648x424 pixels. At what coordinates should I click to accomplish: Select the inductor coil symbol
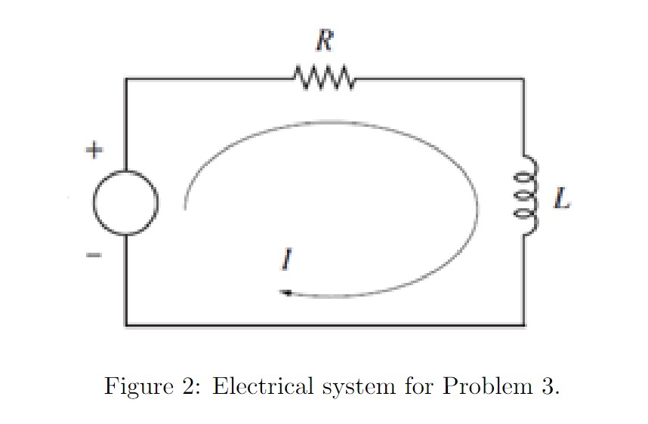[x=526, y=196]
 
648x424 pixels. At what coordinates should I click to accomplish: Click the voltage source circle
[x=125, y=202]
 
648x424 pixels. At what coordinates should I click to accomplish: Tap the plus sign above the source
[x=92, y=151]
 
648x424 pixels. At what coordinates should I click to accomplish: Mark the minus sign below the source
[x=92, y=257]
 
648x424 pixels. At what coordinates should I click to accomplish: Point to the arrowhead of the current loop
[x=285, y=293]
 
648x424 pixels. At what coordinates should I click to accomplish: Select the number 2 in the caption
[x=187, y=386]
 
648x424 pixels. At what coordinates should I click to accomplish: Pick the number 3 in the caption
[x=549, y=386]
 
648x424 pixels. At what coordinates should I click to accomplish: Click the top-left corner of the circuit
[x=126, y=78]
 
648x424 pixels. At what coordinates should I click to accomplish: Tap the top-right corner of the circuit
[x=523, y=78]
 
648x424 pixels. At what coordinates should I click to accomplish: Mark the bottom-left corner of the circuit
[x=126, y=325]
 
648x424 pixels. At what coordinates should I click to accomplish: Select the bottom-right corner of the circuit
[x=523, y=325]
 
